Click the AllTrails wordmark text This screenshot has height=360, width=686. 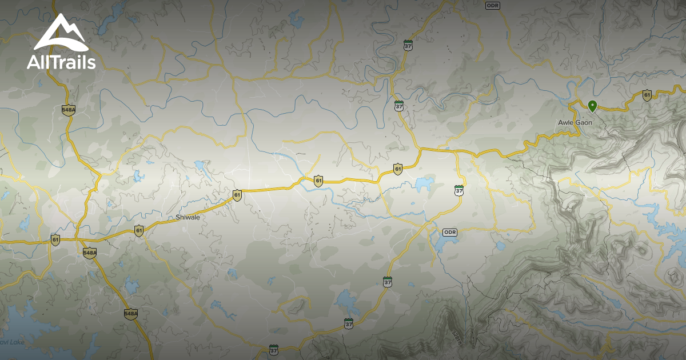tap(61, 62)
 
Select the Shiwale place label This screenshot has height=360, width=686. tap(187, 218)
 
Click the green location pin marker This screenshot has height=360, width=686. tap(593, 106)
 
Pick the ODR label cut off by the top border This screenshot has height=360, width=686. tap(492, 5)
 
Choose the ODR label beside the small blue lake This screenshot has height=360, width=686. tap(451, 231)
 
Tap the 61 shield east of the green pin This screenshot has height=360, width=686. tap(647, 95)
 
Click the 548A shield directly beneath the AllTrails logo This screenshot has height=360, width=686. tap(69, 110)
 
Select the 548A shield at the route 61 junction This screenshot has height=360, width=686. tap(89, 253)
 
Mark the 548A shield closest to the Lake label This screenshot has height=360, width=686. tap(130, 314)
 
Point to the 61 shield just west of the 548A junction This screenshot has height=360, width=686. tap(55, 239)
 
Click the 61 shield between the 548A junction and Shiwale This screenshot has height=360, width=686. tap(139, 230)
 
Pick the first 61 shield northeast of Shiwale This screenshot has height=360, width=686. tap(237, 195)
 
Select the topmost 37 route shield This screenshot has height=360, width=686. tap(408, 45)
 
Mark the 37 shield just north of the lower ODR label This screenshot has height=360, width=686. tap(459, 190)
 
